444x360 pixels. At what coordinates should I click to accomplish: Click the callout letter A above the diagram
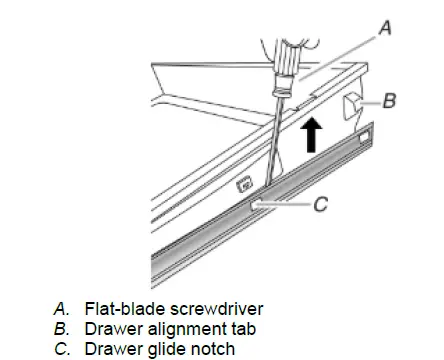[385, 28]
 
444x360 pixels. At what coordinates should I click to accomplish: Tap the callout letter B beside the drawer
[389, 100]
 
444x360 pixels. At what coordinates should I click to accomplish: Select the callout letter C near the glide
[321, 204]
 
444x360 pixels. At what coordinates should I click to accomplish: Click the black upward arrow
[311, 135]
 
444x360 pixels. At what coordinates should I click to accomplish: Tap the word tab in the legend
[245, 329]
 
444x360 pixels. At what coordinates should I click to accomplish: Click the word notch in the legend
[213, 349]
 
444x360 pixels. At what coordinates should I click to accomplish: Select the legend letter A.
[61, 309]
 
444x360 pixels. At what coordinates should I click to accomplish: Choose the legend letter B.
[61, 329]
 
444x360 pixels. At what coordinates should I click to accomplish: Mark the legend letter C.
[62, 349]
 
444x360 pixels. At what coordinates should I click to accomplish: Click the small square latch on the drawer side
[245, 184]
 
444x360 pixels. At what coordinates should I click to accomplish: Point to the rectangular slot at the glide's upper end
[364, 137]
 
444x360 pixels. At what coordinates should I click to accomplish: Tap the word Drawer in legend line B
[114, 329]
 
